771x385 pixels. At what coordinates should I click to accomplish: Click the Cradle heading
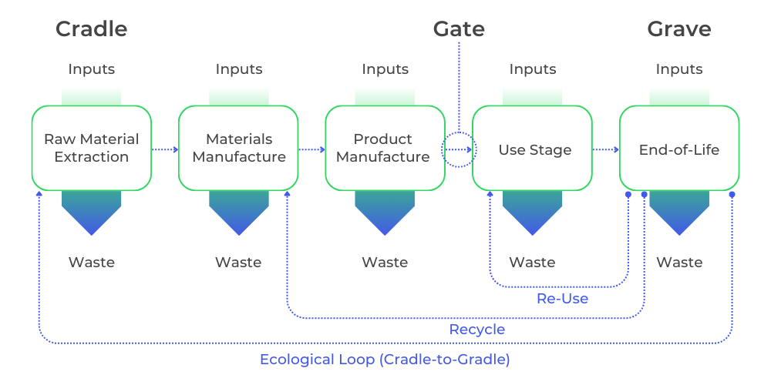[92, 29]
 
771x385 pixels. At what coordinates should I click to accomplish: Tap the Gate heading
[459, 29]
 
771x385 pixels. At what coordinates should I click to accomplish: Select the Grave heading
[679, 29]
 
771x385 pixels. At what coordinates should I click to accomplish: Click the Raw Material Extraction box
[92, 148]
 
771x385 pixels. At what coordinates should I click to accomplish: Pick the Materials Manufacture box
[238, 148]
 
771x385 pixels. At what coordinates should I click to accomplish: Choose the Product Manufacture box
[385, 148]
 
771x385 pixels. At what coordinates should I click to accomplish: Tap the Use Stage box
[532, 148]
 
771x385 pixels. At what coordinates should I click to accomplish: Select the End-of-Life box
[679, 148]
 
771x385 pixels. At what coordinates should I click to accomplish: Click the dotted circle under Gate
[460, 132]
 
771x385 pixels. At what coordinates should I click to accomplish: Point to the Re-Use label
[563, 299]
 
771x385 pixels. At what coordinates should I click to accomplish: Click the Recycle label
[477, 329]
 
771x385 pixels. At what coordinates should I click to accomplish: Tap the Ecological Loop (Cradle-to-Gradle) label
[385, 360]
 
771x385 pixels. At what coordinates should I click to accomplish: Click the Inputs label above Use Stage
[533, 69]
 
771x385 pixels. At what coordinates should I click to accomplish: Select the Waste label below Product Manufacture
[385, 263]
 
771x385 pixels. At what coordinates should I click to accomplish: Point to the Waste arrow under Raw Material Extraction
[92, 213]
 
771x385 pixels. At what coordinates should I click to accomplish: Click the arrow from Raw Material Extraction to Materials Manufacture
[165, 150]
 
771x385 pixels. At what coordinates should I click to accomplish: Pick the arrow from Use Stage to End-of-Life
[605, 150]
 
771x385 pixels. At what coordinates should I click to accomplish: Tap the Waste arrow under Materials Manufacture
[238, 213]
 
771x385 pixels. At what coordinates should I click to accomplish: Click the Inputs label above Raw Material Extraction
[92, 69]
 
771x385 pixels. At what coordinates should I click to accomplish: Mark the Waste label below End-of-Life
[679, 263]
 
